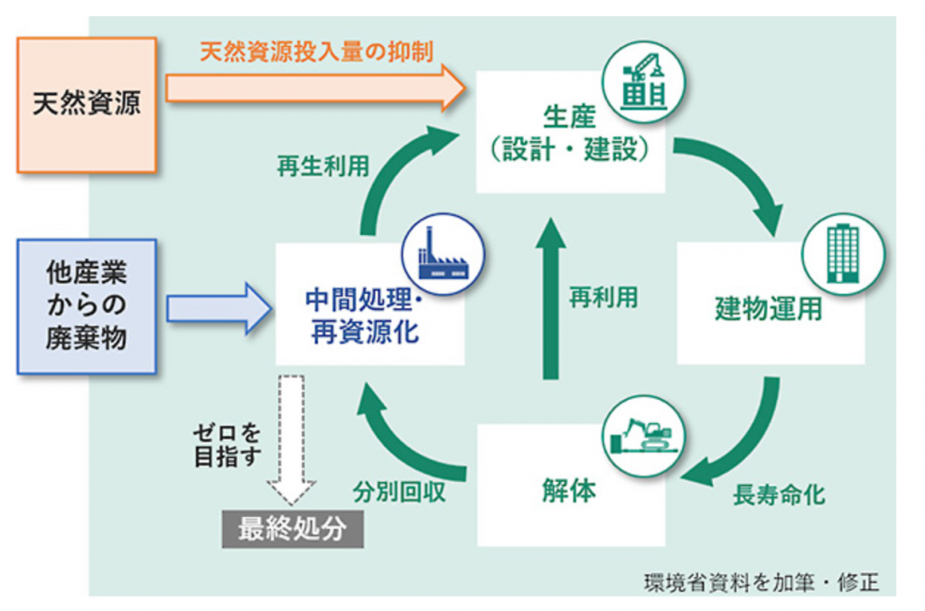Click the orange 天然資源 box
click(87, 104)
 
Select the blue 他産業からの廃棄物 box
click(87, 306)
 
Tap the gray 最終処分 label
click(293, 531)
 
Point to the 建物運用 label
click(769, 308)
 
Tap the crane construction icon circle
click(645, 81)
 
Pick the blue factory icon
click(444, 254)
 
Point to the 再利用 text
click(603, 297)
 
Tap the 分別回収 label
click(398, 493)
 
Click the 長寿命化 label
click(779, 494)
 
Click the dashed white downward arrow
click(292, 437)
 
